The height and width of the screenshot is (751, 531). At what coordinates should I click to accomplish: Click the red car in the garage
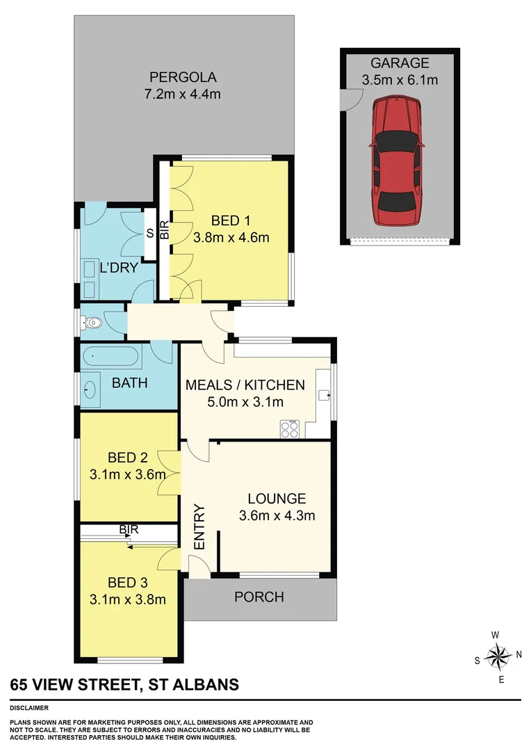(x=397, y=161)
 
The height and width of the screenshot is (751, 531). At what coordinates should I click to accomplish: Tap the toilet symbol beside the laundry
(x=91, y=322)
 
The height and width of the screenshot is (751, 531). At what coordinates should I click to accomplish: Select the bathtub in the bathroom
(x=111, y=359)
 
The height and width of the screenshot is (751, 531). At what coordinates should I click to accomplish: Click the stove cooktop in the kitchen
(x=289, y=430)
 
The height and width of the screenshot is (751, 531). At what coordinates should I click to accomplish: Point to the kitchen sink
(x=323, y=395)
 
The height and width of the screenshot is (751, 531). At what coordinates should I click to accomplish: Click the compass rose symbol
(x=498, y=655)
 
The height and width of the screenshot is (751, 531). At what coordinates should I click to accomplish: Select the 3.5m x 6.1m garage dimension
(x=400, y=81)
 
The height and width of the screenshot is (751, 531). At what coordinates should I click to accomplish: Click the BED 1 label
(x=230, y=221)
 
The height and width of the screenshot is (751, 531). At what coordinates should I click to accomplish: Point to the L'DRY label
(x=118, y=268)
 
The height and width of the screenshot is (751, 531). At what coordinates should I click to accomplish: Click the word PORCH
(x=259, y=597)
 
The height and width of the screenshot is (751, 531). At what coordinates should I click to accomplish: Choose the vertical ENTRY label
(x=198, y=527)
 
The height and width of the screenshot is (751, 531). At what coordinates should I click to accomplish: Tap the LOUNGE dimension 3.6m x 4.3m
(x=277, y=515)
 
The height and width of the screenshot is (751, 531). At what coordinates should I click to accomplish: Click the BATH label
(x=130, y=383)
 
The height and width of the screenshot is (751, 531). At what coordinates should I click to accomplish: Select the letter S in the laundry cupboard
(x=149, y=234)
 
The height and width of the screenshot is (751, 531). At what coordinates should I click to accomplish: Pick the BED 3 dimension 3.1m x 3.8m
(x=127, y=599)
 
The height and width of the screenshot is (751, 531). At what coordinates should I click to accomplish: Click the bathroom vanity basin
(x=91, y=389)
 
